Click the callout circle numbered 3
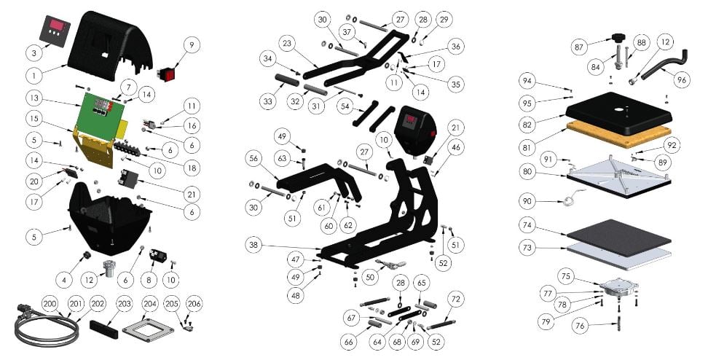34,53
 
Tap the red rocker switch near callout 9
167,74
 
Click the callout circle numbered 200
50,304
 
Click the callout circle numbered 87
580,47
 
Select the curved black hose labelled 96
664,64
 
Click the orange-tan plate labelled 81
617,133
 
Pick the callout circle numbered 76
581,326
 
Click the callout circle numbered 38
253,246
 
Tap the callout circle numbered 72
455,299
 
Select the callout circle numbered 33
268,102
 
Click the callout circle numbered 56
253,158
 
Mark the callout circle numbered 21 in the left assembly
191,195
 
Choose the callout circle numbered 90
527,201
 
